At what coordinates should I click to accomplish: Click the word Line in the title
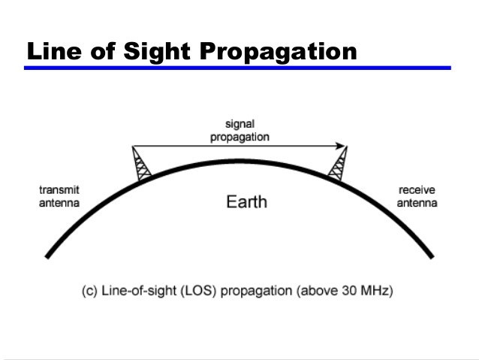click(54, 51)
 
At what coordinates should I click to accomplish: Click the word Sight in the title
click(157, 51)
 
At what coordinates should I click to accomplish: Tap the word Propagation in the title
click(278, 52)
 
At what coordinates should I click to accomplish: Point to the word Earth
click(246, 202)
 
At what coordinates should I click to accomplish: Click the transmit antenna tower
click(141, 164)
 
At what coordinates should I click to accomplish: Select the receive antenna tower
click(338, 164)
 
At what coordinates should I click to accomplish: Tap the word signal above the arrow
click(239, 124)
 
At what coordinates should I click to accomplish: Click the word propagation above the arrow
click(239, 137)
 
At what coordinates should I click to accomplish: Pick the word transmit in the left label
click(59, 190)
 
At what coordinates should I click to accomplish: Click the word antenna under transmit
click(59, 203)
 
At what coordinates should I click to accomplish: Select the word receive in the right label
click(417, 190)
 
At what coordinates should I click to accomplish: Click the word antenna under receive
click(417, 203)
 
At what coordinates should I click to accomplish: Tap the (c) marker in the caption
click(89, 290)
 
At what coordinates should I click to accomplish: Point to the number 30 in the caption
click(349, 290)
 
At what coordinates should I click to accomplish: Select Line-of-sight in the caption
click(139, 290)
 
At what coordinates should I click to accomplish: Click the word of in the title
click(103, 51)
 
